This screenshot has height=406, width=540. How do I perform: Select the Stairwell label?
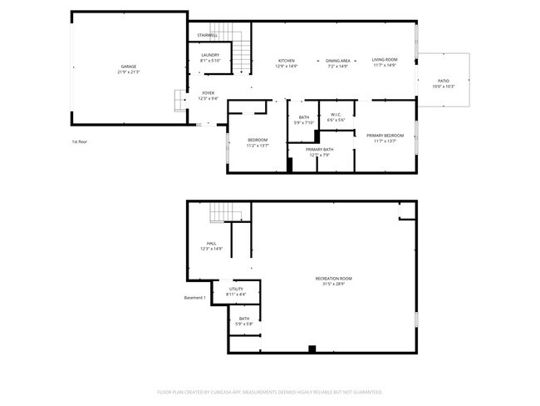tap(207, 35)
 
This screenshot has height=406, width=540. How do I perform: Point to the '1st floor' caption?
tap(80, 141)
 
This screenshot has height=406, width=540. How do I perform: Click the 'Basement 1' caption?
tap(195, 298)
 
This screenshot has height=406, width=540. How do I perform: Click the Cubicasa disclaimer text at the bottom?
tap(269, 391)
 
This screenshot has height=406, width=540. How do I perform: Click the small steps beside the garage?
tap(179, 100)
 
